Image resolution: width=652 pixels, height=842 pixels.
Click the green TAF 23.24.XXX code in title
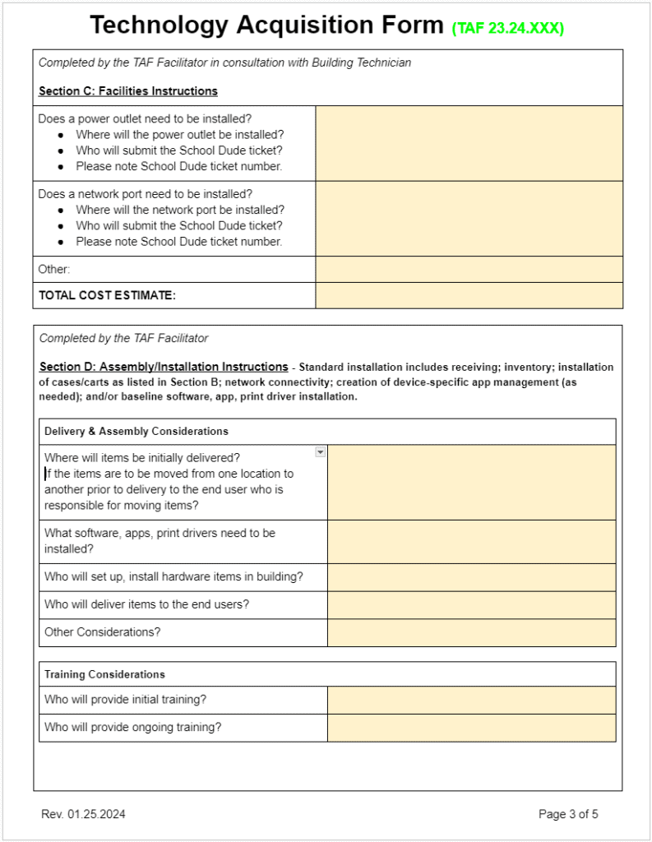coord(507,28)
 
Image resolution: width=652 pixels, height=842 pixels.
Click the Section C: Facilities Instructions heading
coord(127,90)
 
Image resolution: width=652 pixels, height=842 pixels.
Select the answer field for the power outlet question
coord(469,143)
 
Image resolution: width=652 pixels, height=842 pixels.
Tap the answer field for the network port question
coord(469,218)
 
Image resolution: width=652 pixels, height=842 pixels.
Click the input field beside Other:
coord(469,269)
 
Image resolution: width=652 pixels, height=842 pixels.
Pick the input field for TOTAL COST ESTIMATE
coord(469,295)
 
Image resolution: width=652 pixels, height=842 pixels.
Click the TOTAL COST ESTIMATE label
coord(107,295)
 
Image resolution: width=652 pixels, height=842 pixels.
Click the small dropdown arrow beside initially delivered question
coord(320,451)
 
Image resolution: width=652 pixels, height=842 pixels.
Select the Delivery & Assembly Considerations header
coord(136,431)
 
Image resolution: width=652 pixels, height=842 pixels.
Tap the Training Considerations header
coord(104,674)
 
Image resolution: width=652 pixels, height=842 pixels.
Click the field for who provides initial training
coord(471,700)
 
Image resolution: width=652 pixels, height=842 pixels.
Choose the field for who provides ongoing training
coord(471,728)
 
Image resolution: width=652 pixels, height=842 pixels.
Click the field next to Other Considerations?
coord(471,632)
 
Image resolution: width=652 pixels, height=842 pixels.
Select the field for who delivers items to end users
coord(471,604)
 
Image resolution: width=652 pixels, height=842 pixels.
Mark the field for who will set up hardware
coord(471,576)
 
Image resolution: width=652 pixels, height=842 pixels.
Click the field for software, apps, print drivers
coord(471,541)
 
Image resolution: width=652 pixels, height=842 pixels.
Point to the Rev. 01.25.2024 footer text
coord(83,814)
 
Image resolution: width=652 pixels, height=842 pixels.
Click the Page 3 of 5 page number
coord(568,814)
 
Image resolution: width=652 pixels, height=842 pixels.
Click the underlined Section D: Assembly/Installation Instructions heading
coord(163,367)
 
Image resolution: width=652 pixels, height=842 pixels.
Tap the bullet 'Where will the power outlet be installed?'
coord(179,134)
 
